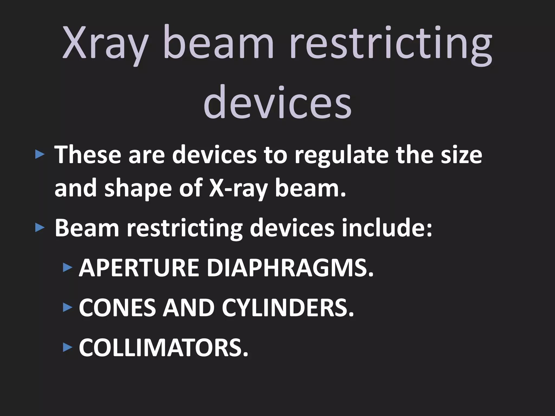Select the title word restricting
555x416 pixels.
click(390, 45)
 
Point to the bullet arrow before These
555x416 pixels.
click(40, 155)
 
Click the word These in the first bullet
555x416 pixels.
click(88, 155)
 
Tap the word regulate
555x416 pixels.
click(342, 156)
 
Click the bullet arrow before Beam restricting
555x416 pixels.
click(40, 228)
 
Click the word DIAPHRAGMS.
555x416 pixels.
click(290, 268)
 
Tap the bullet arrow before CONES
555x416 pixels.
click(67, 308)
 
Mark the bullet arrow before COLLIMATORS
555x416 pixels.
click(67, 347)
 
